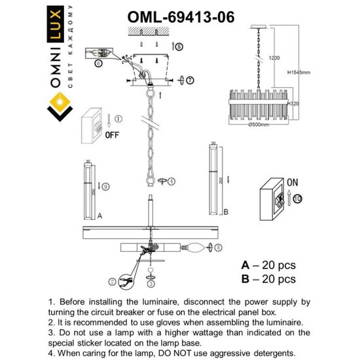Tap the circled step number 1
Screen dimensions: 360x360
(118, 118)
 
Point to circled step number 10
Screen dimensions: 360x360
(298, 197)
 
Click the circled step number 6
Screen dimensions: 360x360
(98, 63)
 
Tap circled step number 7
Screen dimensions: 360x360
(190, 80)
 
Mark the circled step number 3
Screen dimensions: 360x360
(150, 284)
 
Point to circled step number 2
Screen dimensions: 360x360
(113, 282)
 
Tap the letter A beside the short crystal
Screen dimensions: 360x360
(99, 214)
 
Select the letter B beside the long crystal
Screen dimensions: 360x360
(225, 211)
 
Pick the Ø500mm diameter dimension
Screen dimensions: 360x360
(259, 123)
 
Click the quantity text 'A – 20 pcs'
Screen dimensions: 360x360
(268, 266)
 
